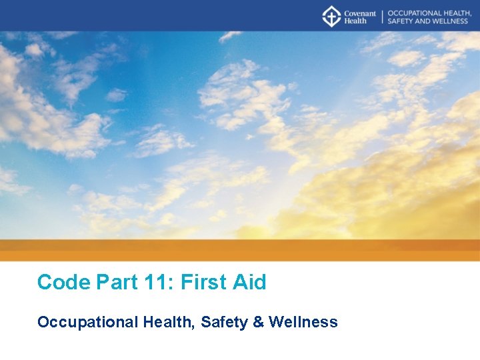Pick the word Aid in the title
[249, 282]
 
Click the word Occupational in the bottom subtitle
[87, 323]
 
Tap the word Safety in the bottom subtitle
[224, 322]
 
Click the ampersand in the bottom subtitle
[259, 322]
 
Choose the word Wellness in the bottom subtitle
[303, 322]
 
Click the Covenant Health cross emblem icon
[331, 16]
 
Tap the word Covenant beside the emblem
[359, 13]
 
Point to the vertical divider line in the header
[382, 16]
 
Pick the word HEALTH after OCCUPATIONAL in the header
[458, 13]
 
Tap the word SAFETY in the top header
[399, 21]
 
